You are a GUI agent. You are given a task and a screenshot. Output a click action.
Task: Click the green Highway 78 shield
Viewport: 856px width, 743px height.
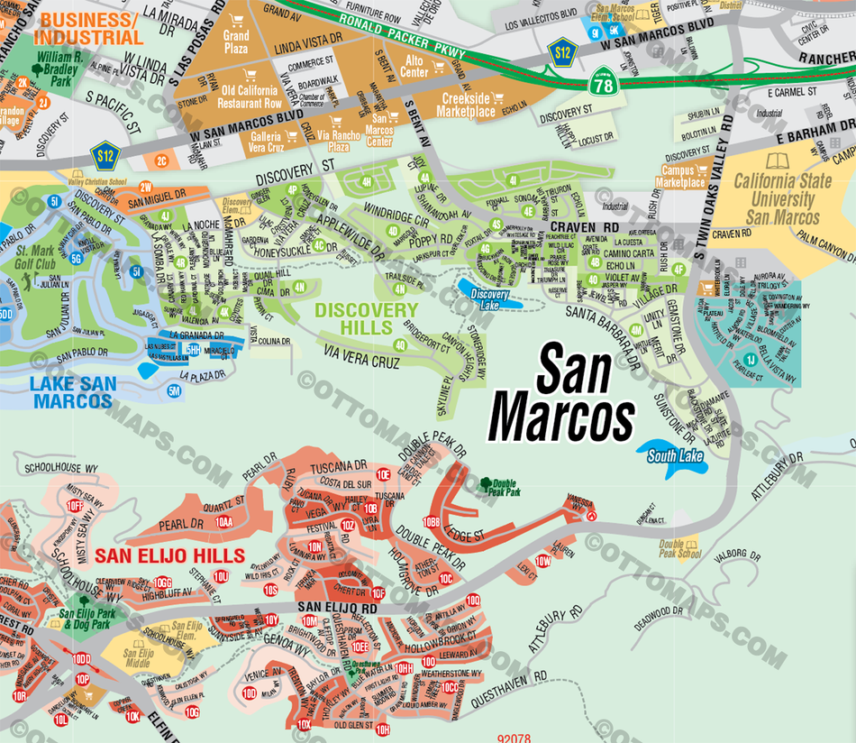click(x=602, y=86)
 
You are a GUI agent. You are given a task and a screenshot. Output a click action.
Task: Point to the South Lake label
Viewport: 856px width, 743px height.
click(x=675, y=456)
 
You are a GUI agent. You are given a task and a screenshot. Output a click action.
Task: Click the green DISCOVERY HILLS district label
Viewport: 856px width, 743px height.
click(x=367, y=317)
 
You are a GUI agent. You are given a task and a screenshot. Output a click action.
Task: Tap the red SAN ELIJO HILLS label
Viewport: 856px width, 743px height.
click(x=169, y=555)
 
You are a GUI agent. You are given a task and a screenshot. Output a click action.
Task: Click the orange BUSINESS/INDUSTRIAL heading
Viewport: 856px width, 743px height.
click(x=87, y=29)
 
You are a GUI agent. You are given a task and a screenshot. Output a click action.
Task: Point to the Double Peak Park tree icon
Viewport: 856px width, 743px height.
click(x=487, y=483)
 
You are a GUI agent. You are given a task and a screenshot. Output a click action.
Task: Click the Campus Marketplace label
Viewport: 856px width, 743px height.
click(x=682, y=176)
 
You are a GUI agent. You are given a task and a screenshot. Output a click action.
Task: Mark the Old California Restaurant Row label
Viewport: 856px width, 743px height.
click(x=251, y=96)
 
